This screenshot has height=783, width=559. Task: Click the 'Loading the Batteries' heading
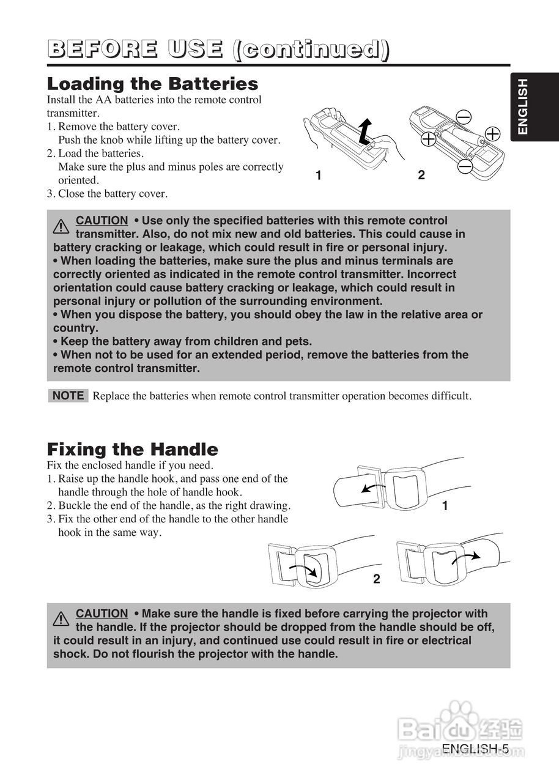(x=152, y=84)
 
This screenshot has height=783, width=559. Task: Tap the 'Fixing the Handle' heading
(x=132, y=450)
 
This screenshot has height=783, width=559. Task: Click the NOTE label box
(x=68, y=396)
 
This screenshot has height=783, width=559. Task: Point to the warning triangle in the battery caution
(x=61, y=226)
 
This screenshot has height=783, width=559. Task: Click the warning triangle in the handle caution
(x=61, y=619)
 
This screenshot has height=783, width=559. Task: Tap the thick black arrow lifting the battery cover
(x=364, y=130)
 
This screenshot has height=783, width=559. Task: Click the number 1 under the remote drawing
(x=319, y=176)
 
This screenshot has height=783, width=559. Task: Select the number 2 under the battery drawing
(x=421, y=176)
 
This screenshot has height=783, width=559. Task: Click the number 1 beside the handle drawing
(x=445, y=506)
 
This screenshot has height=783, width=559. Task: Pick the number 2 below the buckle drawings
(x=377, y=579)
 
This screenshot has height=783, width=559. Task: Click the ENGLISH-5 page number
(x=475, y=749)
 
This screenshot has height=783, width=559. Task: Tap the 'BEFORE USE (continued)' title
(x=218, y=50)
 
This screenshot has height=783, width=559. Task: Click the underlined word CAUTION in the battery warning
(x=102, y=220)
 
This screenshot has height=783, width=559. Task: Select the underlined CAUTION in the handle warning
(x=102, y=614)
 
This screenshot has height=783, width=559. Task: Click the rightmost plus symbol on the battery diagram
(x=492, y=134)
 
